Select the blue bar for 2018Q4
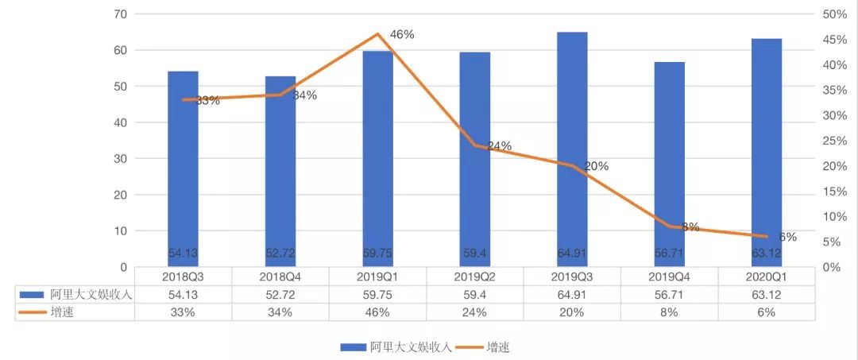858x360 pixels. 280,171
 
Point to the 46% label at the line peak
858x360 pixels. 402,34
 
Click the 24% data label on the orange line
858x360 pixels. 499,146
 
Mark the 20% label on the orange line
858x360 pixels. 596,166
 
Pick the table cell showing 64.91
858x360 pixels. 572,294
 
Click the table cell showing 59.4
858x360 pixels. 475,294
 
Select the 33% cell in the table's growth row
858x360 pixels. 184,312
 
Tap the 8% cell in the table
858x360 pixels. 669,312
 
